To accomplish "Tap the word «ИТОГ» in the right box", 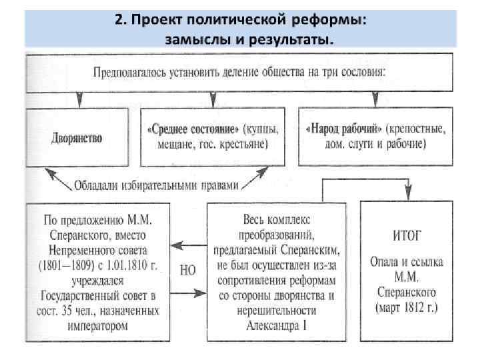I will click(x=405, y=234).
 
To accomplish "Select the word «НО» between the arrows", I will click(x=189, y=270).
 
